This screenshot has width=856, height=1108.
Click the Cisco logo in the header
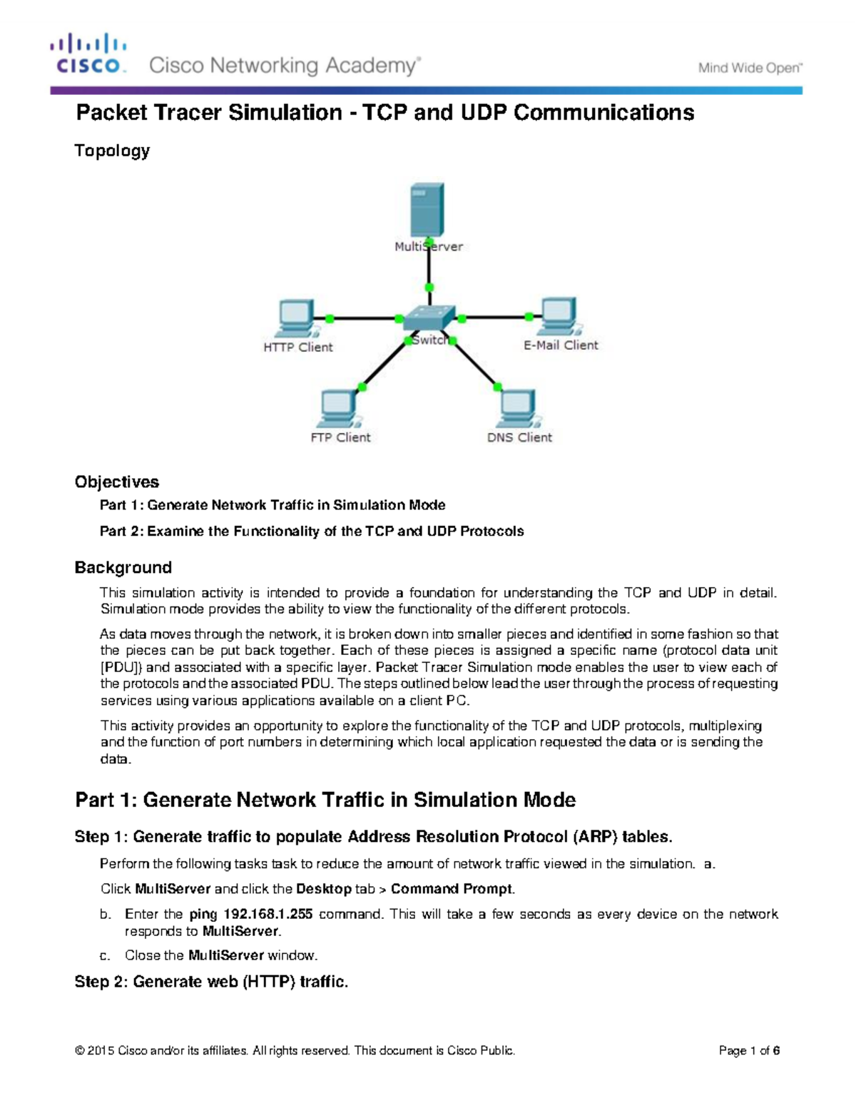point(88,54)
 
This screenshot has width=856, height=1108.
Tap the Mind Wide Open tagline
point(750,68)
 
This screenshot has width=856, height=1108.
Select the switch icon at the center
point(428,319)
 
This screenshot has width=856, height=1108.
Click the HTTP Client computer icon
point(296,318)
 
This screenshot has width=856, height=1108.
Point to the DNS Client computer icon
point(518,409)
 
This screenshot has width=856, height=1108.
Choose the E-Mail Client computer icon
point(560,316)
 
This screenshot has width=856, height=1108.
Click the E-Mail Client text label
point(561,345)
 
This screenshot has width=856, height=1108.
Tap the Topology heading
point(112,151)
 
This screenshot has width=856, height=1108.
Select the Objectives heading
point(116,482)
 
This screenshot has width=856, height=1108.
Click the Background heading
point(123,567)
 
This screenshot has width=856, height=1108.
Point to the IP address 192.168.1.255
point(268,915)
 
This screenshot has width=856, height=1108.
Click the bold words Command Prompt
point(452,889)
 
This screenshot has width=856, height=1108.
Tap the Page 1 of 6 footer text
point(749,1051)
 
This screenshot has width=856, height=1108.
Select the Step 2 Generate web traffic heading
point(211,982)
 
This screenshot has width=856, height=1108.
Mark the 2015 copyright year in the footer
point(101,1051)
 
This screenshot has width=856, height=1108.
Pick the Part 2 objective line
point(312,532)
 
